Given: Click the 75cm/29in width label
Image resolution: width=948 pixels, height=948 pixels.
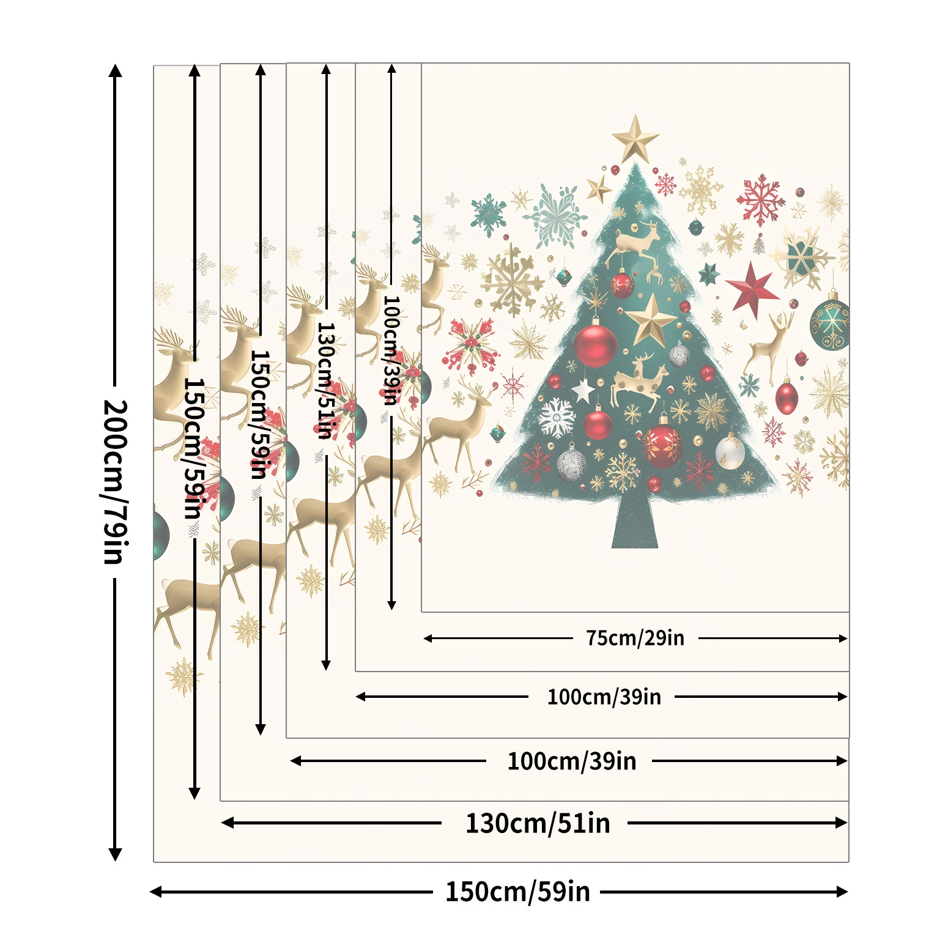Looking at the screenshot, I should (635, 638).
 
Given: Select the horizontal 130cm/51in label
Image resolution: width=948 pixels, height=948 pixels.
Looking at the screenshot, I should (538, 823).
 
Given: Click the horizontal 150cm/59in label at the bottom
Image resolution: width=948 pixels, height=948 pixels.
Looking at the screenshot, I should (517, 892).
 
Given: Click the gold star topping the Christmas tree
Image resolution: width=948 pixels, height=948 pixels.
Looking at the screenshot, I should (635, 138).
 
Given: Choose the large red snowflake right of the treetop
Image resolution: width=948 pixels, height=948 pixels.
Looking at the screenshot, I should (760, 199).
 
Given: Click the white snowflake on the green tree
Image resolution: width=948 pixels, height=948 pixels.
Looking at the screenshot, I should (557, 418).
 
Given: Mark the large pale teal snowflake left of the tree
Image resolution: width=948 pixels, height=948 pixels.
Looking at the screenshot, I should (555, 215).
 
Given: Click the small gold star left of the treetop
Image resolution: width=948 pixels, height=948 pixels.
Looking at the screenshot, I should (599, 188).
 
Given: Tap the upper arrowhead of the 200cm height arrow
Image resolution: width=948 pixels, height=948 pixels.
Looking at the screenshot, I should (115, 70).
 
